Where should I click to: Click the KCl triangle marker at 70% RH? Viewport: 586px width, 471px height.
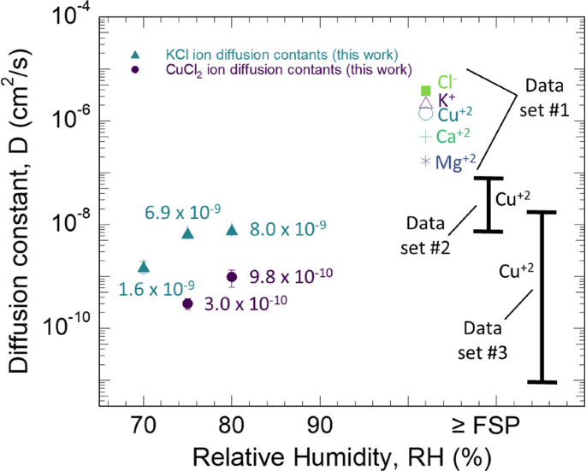[144, 267]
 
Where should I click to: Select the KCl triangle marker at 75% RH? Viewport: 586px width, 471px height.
[188, 233]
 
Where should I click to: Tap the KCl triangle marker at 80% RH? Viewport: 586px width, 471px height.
[232, 229]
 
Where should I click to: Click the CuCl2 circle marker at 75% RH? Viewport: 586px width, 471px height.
[188, 303]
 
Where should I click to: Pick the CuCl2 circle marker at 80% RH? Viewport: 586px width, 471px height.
[232, 276]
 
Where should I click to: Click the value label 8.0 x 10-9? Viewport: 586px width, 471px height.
[287, 229]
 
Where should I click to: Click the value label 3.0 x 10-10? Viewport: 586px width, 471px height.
[246, 303]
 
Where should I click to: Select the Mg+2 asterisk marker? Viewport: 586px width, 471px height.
[425, 161]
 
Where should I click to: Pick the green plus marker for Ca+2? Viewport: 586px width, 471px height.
[425, 137]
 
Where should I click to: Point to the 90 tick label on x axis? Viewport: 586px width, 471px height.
[320, 422]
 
